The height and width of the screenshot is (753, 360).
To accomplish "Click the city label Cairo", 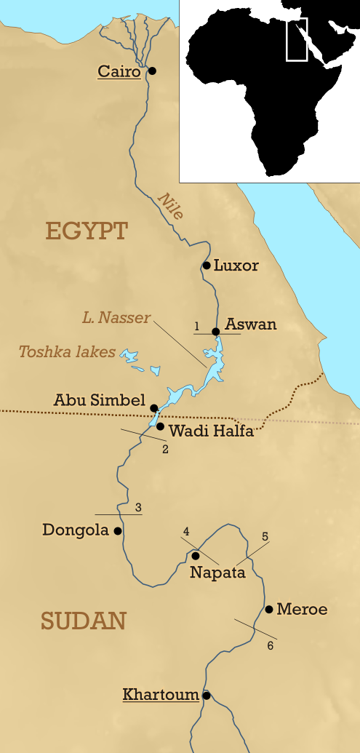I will tap(119, 71).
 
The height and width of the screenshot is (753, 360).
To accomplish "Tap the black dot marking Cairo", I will tap(153, 71).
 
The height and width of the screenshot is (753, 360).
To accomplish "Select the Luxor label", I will tap(236, 266).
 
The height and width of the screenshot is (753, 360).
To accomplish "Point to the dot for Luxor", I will tap(207, 266).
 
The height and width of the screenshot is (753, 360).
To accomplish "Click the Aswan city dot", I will tap(216, 332).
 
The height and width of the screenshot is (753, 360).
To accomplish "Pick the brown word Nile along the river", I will tap(171, 205).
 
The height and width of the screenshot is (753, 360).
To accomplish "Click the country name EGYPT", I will tap(87, 231).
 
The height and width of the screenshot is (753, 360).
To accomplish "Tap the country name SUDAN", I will tap(84, 621).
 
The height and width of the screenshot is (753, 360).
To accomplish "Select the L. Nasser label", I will tap(116, 318).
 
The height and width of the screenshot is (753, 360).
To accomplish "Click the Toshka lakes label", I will tap(67, 352).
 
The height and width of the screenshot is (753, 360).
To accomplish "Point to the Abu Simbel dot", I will tap(154, 407).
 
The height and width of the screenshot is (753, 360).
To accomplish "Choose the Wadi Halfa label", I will tap(211, 431).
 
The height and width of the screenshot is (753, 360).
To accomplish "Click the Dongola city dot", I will tap(118, 531).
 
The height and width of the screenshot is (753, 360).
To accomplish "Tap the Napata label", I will tap(217, 573).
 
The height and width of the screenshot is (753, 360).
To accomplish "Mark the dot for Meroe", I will tap(269, 609).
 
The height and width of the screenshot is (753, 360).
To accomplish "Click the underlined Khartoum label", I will tap(161, 695).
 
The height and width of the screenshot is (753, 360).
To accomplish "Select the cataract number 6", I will tap(271, 646).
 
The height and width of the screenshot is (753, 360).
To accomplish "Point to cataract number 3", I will tap(138, 507).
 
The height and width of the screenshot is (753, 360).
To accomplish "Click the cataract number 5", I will tap(265, 536).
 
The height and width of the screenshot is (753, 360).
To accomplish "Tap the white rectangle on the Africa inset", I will tap(297, 39).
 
